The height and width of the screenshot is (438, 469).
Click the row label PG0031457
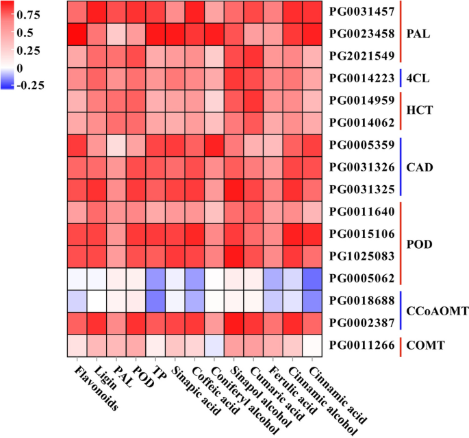[362, 12]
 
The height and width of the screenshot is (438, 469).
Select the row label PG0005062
[362, 278]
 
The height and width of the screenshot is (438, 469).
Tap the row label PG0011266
[362, 345]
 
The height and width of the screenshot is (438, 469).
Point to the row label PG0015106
[362, 234]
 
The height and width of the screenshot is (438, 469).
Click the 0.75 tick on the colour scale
[35, 14]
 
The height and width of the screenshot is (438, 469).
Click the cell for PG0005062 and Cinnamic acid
[312, 278]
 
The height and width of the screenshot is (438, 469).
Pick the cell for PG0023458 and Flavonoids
[77, 34]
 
